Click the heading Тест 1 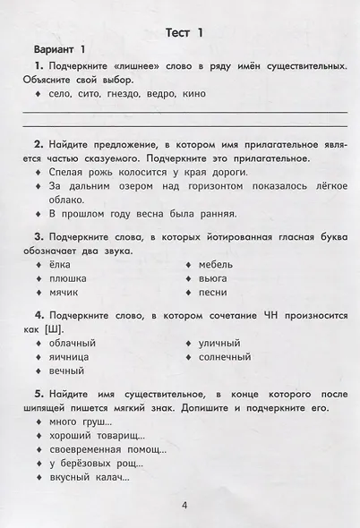pos(180,33)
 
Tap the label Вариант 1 pos(59,49)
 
